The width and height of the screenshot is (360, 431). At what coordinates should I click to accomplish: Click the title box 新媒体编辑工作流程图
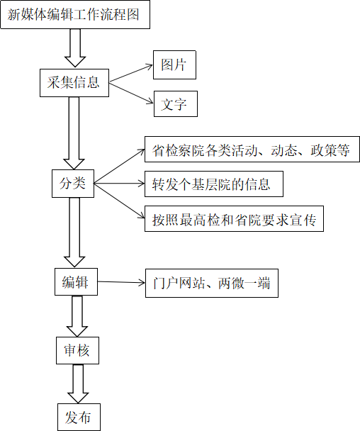tap(75, 15)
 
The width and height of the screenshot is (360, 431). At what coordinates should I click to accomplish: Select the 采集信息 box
tap(74, 83)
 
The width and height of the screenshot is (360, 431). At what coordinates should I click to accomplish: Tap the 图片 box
tap(174, 65)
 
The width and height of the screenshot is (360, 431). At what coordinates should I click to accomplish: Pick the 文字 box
tap(176, 104)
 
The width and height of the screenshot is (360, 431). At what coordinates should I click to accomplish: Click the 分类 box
tap(73, 184)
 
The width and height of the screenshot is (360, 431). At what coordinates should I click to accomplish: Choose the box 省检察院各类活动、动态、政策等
tap(252, 149)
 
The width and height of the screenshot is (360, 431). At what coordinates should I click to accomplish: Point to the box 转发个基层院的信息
tap(214, 184)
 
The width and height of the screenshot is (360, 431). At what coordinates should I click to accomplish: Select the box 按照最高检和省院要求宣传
tap(234, 218)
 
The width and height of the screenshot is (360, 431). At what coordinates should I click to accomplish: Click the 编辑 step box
tap(76, 281)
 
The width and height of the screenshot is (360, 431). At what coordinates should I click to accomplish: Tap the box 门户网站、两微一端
tap(212, 283)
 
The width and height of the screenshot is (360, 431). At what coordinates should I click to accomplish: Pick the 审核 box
tap(77, 350)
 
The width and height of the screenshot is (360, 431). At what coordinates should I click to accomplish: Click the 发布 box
tap(79, 417)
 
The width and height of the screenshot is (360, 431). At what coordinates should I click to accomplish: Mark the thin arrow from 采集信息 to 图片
tap(131, 74)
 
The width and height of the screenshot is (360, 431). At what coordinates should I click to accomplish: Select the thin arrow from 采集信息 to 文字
tap(131, 93)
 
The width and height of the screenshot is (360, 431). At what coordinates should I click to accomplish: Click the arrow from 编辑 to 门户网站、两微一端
tap(121, 282)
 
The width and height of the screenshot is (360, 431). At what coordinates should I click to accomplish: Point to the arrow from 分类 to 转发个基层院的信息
tap(119, 184)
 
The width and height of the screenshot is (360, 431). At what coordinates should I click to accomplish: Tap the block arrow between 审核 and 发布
tap(78, 384)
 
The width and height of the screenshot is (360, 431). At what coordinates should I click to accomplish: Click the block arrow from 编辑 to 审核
tap(77, 316)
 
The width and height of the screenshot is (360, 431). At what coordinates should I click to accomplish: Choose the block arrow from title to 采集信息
tap(75, 48)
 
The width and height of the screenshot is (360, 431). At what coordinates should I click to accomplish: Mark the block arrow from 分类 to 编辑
tap(74, 233)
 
